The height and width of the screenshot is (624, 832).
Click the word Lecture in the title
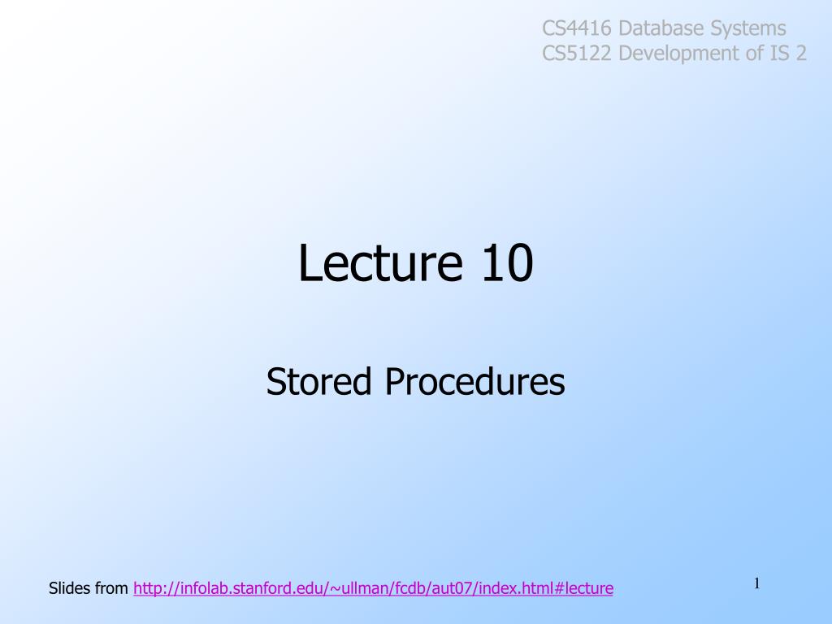coord(380,262)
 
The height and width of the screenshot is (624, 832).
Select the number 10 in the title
coord(507,262)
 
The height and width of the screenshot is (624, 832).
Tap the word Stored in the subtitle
coord(318,381)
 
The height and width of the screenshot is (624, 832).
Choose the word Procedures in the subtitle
coord(474,381)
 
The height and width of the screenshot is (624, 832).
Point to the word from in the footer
coord(111,588)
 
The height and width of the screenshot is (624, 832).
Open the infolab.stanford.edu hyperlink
coord(374,588)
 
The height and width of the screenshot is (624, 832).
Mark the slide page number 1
coord(757,583)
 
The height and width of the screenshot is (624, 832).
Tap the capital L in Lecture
coord(310,262)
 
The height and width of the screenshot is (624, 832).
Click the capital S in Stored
coord(276,381)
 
